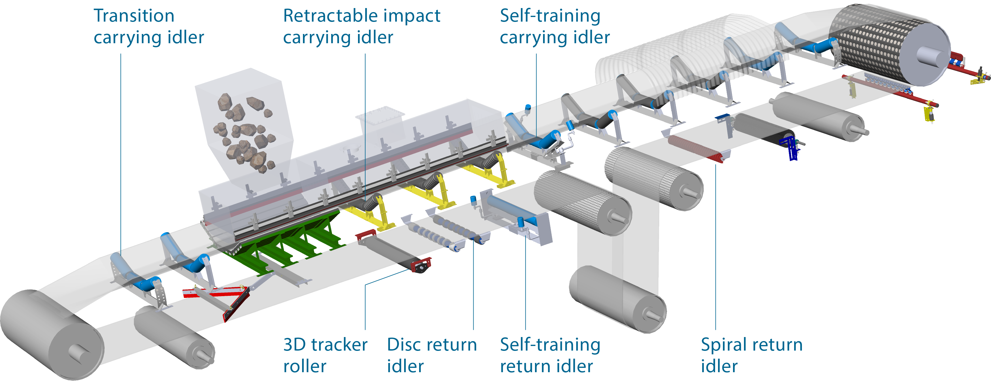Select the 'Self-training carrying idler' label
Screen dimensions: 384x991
point(554,27)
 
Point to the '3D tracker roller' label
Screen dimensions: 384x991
point(325,355)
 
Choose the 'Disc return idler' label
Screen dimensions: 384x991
point(432,355)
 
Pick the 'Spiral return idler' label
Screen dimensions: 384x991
point(751,355)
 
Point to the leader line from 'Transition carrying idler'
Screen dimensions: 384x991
point(121,154)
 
